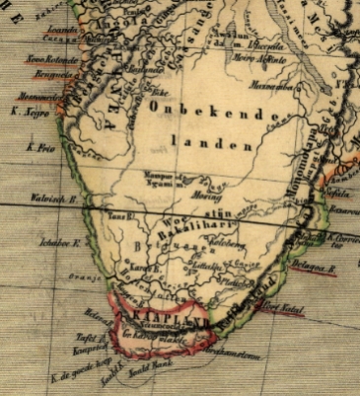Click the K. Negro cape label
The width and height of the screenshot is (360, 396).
coord(32,111)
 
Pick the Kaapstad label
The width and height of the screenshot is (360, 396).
coord(87,348)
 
